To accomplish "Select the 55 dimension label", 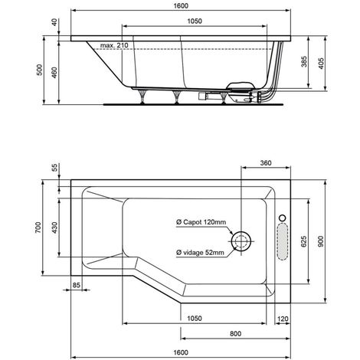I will pyautogui.click(x=56, y=169).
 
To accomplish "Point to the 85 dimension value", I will pyautogui.click(x=77, y=286).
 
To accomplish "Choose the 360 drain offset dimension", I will pyautogui.click(x=266, y=164).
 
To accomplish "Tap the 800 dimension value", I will pyautogui.click(x=235, y=334).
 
